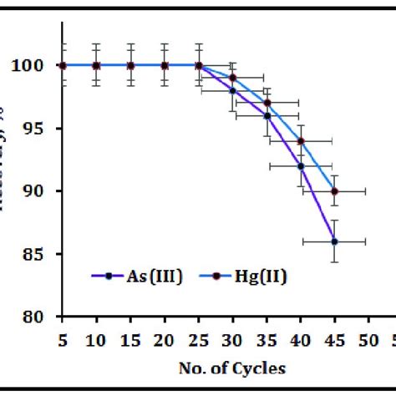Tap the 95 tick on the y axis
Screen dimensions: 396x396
click(43, 129)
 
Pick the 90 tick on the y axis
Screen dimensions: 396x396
click(43, 191)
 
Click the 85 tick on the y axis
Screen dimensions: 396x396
click(43, 254)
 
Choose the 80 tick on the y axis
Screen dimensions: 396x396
click(43, 317)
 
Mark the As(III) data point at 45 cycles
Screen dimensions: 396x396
click(334, 241)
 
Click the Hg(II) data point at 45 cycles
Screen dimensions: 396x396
click(334, 191)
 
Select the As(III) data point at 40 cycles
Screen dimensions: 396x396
click(301, 166)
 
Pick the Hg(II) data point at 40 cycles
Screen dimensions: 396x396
click(301, 141)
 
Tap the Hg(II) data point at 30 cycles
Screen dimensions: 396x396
click(233, 78)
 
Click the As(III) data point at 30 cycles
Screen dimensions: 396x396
click(233, 90)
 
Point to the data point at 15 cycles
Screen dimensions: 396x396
click(130, 65)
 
